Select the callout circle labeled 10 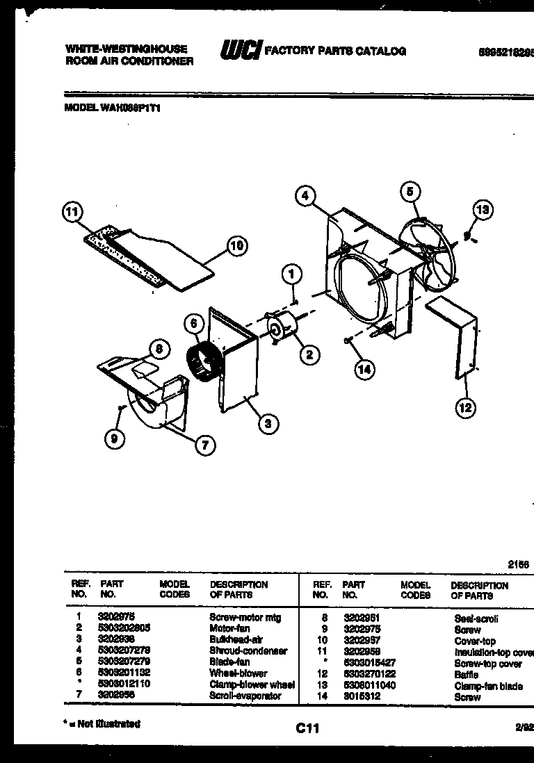pos(237,245)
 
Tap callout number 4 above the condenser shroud pos(305,196)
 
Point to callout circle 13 pos(483,209)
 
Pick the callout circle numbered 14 pos(364,369)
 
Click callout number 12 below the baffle pos(465,407)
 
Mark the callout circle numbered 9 pos(113,438)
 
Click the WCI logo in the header pos(241,51)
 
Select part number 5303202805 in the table pos(125,627)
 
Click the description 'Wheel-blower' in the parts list pos(229,673)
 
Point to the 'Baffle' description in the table pos(466,674)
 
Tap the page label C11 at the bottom pos(307,728)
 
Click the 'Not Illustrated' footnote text pos(102,724)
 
